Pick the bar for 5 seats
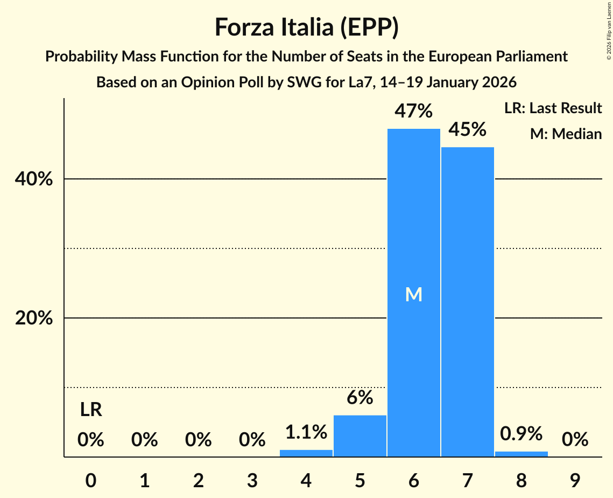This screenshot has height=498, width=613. coord(360,436)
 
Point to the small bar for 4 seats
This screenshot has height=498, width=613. coord(306,453)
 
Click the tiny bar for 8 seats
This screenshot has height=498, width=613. coord(521,454)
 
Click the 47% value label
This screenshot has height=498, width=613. coord(413,111)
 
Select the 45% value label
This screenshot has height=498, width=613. coord(467,129)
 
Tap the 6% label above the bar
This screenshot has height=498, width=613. coord(360,398)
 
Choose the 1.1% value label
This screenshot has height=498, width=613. coord(306,432)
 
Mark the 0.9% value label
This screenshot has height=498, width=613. coord(521,433)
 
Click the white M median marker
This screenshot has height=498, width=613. coord(413,294)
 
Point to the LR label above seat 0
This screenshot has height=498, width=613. coord(91,410)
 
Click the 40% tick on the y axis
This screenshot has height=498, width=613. coord(33,179)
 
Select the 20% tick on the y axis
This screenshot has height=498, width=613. coord(33,319)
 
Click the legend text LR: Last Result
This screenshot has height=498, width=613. coord(553,108)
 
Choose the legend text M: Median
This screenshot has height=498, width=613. coord(566,134)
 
